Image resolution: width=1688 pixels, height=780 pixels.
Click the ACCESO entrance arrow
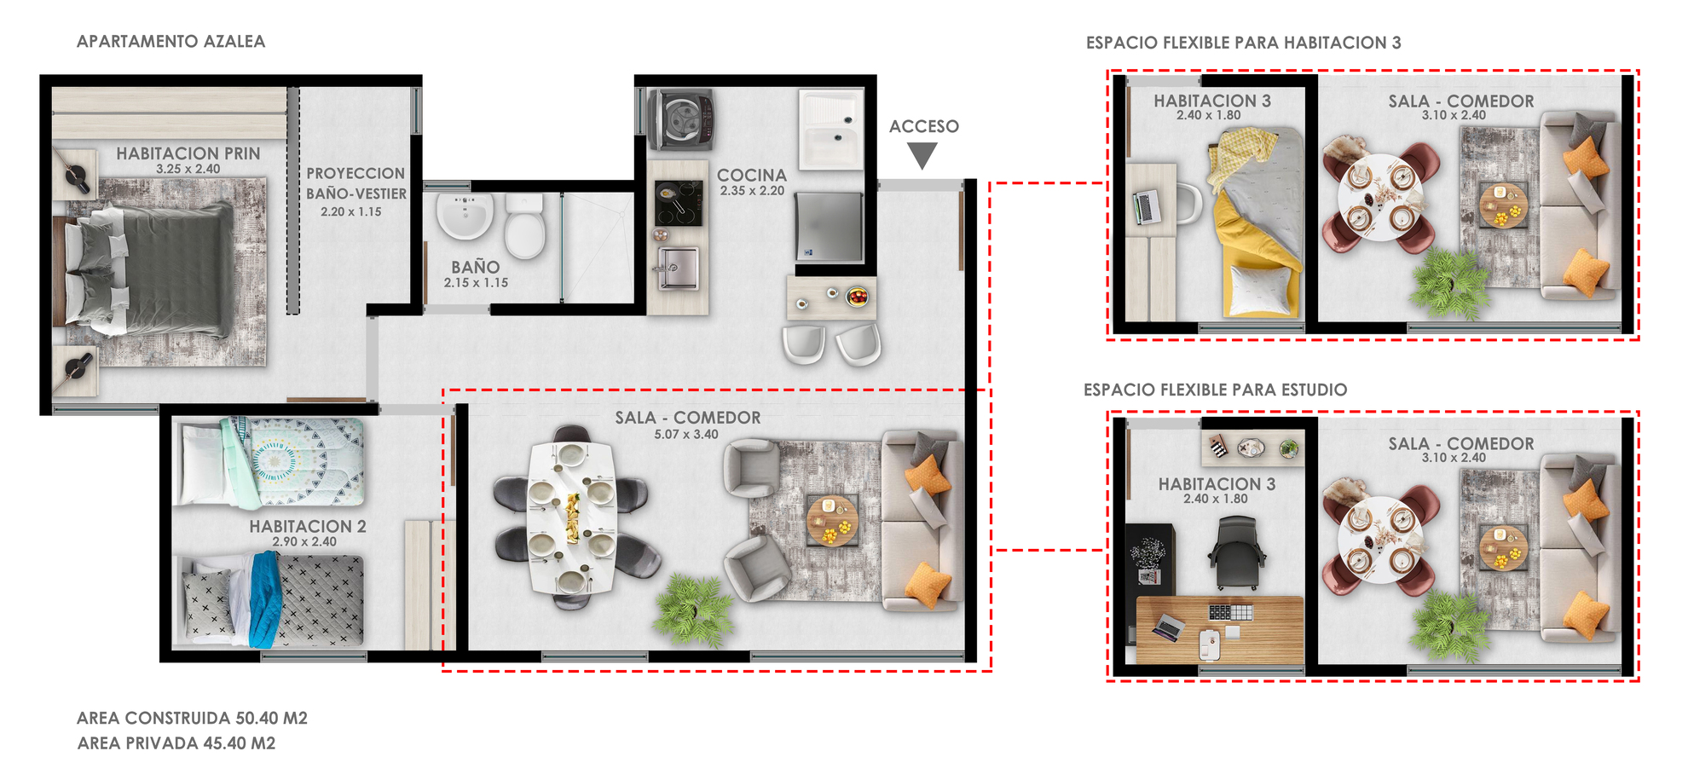pos(922,155)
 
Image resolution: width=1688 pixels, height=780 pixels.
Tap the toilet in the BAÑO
pos(524,226)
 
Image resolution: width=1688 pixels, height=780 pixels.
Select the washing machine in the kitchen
pos(679,119)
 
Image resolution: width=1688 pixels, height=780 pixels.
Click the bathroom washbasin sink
pos(465,216)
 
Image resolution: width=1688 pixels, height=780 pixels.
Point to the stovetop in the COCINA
pos(679,204)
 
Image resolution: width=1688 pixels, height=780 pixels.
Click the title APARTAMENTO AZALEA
pos(171,41)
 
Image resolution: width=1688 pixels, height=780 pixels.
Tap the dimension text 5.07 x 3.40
pos(686,435)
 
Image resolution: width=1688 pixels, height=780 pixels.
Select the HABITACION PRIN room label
pos(188,153)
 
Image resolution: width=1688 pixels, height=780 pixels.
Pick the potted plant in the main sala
pos(693,608)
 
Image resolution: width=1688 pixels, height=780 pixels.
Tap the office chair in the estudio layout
pos(1236,552)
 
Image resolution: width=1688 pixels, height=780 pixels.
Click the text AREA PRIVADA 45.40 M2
pos(176,743)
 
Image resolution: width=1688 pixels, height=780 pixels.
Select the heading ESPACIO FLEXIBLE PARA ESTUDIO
pos(1215,390)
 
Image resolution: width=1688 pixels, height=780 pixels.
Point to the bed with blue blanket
pos(269,599)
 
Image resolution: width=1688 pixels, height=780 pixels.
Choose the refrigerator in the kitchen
pos(829,227)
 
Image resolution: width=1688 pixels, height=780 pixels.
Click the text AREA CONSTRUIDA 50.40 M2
pos(192,718)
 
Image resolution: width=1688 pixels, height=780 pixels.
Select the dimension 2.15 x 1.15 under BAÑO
pos(476,283)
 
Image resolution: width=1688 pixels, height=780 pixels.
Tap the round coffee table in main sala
pos(832,519)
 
